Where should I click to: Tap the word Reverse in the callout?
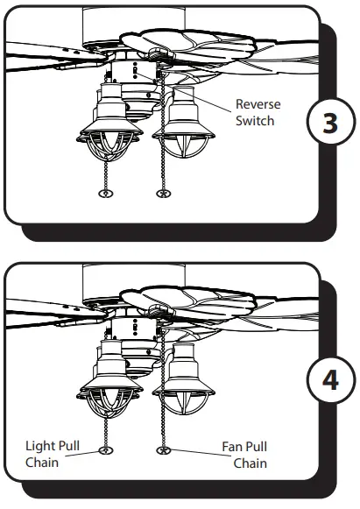click(258, 105)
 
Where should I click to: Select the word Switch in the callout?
click(255, 121)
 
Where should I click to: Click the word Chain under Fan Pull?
click(250, 463)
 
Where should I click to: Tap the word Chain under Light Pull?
click(42, 463)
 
